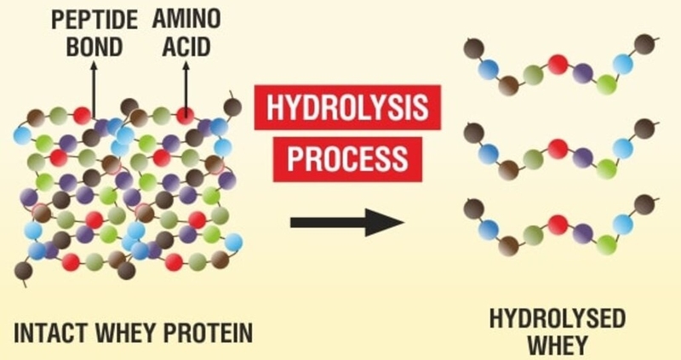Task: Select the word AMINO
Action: coord(186,18)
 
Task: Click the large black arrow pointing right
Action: coord(346,223)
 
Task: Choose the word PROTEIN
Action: coord(209,332)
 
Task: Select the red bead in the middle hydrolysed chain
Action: coord(558,147)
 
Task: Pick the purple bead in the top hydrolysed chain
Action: coord(583,71)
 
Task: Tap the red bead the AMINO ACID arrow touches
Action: coord(185,114)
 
